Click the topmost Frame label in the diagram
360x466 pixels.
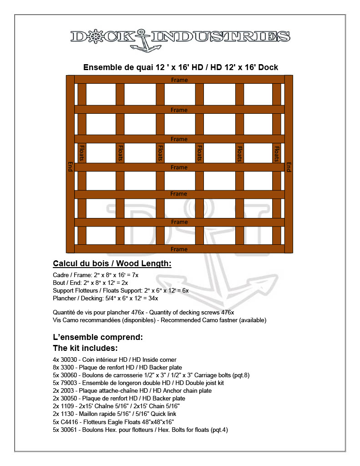[x=179, y=80]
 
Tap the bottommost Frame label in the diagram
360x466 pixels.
[x=179, y=249]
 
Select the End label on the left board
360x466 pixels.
[x=70, y=166]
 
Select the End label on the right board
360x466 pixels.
[x=289, y=167]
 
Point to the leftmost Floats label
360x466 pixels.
[x=82, y=153]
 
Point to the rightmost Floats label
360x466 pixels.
[x=276, y=153]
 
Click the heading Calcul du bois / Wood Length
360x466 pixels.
[x=112, y=263]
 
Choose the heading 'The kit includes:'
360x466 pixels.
[x=86, y=348]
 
